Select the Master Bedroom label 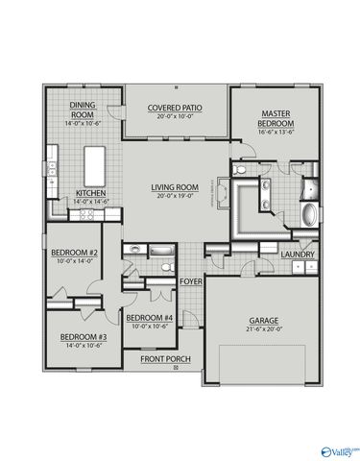tap(275, 119)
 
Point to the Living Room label tap(174, 187)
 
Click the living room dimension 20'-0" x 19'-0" tap(174, 196)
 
